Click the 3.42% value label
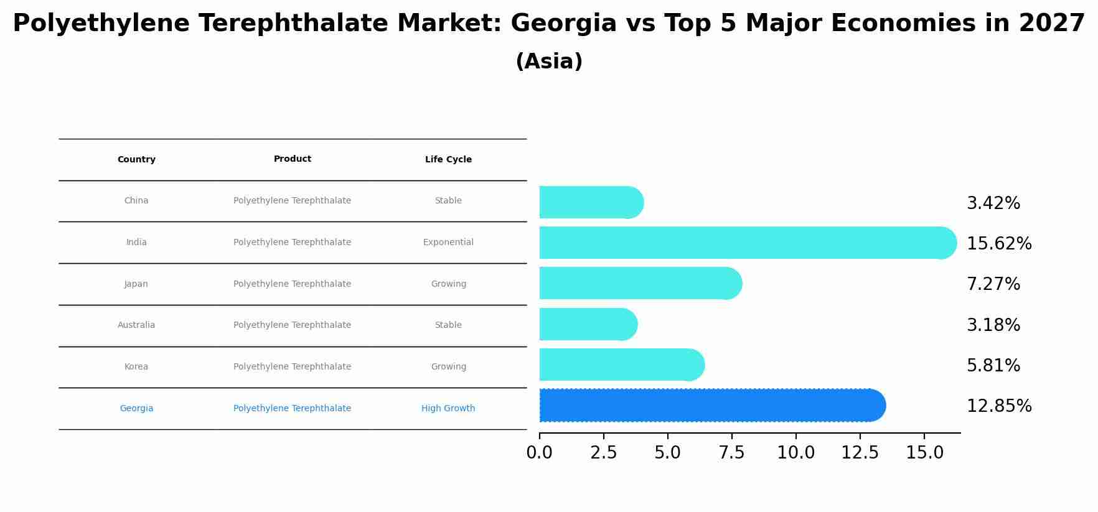point(993,203)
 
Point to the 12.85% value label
point(998,406)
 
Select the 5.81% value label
point(993,366)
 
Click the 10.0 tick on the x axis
point(795,453)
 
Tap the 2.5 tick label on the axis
point(603,453)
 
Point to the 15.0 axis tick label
point(924,453)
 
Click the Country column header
point(136,160)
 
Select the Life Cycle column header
point(448,160)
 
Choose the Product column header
point(292,159)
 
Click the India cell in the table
point(136,243)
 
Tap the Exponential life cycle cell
point(448,243)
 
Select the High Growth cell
point(448,409)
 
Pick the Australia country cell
point(136,325)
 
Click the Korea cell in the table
point(136,367)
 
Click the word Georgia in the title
point(563,24)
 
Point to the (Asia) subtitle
point(549,62)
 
